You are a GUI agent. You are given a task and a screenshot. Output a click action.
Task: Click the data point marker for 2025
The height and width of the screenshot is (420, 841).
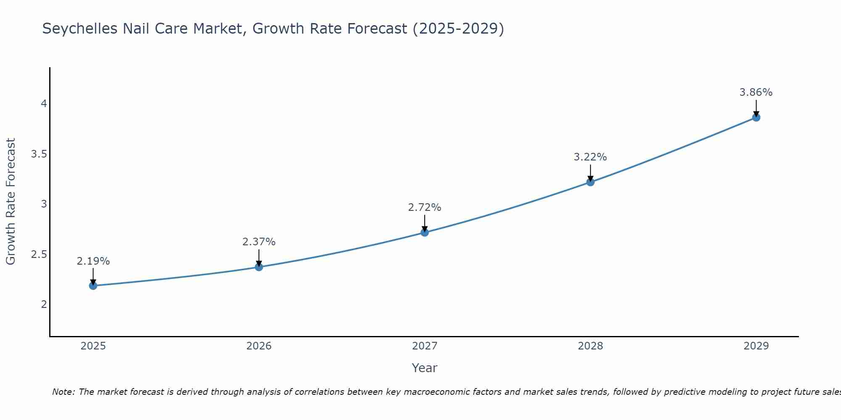pos(93,286)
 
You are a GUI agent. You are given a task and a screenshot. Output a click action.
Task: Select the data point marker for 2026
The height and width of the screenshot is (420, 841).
pos(259,267)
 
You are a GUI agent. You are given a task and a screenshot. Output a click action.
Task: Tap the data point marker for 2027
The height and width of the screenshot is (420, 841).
pos(425,232)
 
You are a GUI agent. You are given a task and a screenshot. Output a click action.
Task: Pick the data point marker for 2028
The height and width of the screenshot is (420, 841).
pos(590,182)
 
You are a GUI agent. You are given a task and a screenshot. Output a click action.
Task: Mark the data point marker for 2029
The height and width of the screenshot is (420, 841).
pos(756,117)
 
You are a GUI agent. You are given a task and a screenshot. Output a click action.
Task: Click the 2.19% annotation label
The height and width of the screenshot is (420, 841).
pos(93,261)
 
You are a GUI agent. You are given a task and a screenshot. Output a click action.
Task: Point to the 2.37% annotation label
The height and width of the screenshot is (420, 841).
pos(259,242)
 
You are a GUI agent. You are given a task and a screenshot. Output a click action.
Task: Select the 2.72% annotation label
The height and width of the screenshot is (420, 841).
pos(425,207)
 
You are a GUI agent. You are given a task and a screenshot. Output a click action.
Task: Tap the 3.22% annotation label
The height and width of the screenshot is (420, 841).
pos(590,157)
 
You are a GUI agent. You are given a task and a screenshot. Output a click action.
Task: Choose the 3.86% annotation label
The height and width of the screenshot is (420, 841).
pos(756,92)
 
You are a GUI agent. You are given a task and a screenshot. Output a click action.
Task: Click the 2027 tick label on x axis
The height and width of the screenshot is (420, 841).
pos(425,346)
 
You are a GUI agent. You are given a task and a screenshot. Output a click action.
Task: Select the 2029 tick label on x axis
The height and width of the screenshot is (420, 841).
pos(756,346)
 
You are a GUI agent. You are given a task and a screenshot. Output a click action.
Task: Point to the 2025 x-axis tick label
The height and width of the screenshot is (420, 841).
pos(93,346)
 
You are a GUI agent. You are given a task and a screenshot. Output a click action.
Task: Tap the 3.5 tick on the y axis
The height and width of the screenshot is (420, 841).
pos(39,154)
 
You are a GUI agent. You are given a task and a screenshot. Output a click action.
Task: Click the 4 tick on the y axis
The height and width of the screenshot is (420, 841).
pos(44,104)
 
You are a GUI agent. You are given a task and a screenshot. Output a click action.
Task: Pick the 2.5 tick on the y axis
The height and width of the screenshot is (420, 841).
pos(39,255)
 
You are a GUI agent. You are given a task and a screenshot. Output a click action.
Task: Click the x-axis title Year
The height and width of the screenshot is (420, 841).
pos(425,368)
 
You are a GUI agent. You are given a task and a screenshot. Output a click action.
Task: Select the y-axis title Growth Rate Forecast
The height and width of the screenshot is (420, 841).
pos(11,201)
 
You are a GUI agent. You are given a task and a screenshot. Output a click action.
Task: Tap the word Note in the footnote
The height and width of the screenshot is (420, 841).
pos(63,392)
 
